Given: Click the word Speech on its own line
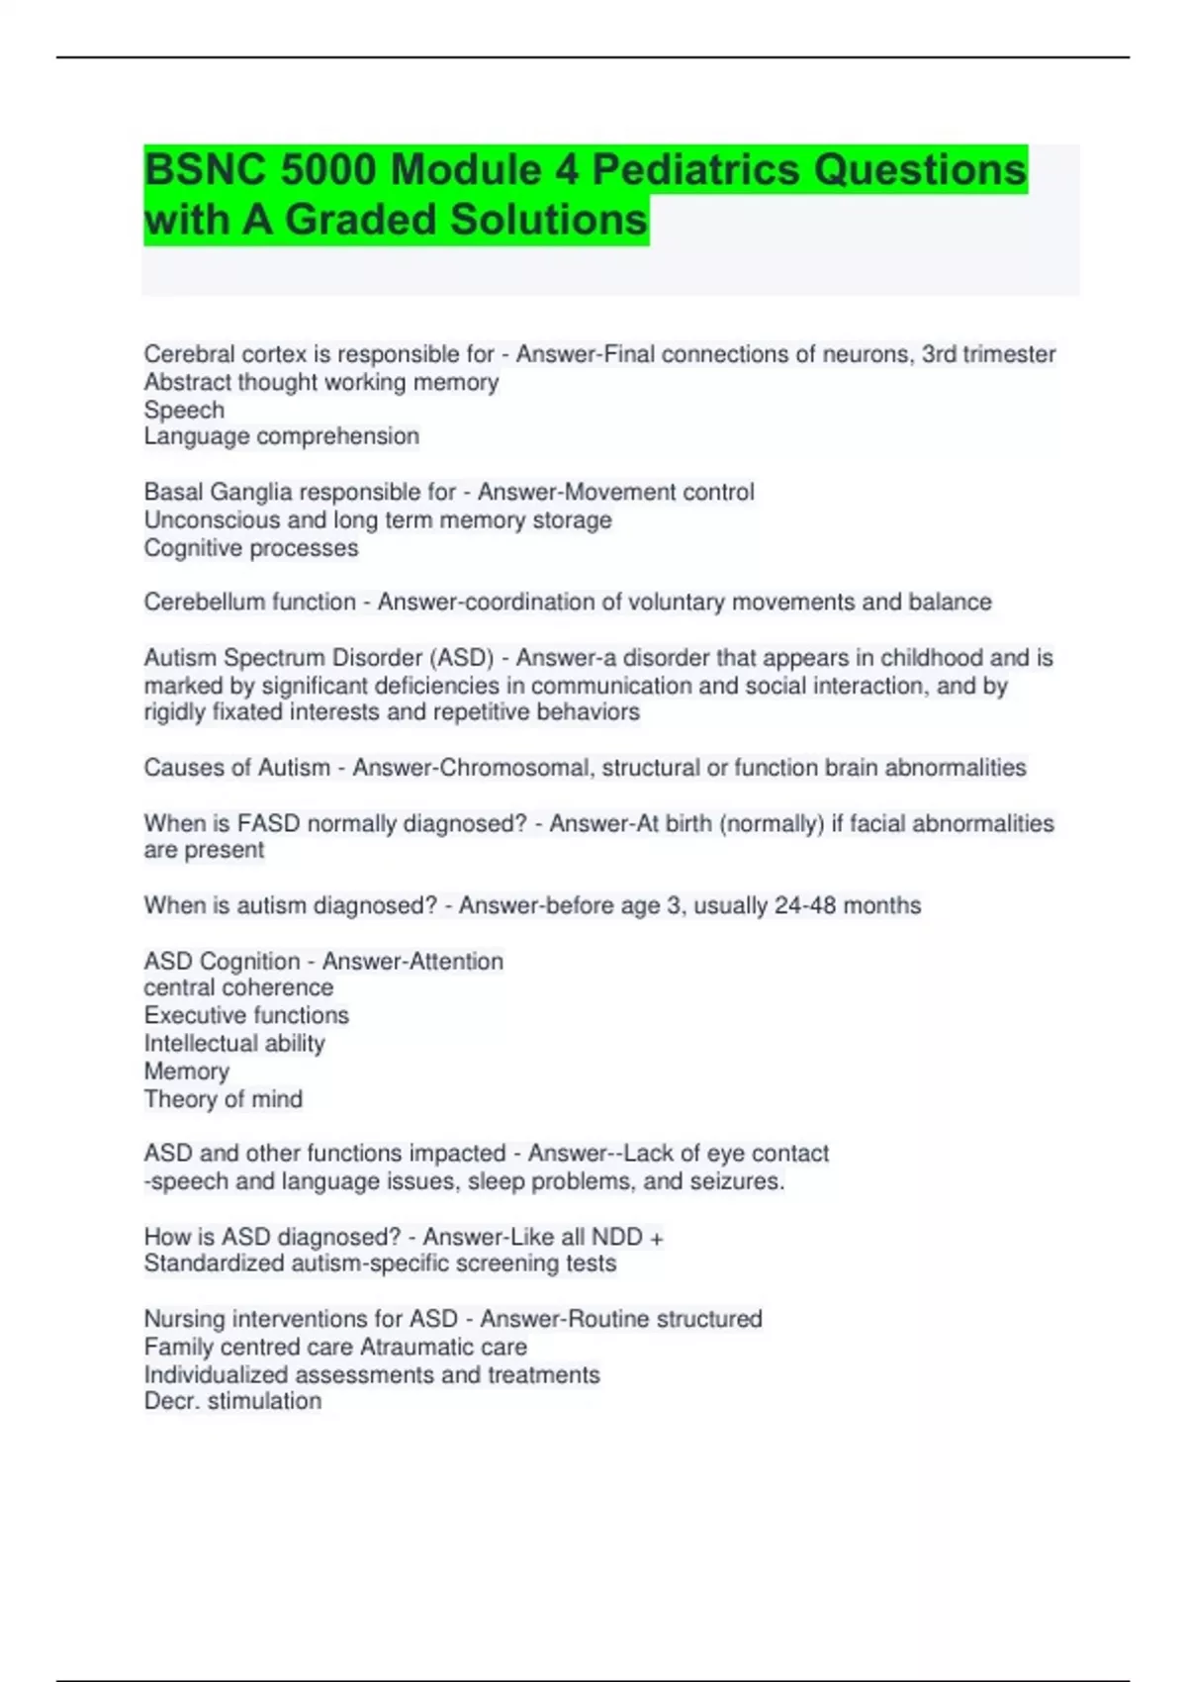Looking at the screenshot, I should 184,410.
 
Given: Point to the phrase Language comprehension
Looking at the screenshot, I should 282,436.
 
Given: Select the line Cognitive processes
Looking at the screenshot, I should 251,548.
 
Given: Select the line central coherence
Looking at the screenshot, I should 238,987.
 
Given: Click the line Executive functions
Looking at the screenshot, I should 246,1015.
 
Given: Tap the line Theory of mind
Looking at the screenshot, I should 224,1099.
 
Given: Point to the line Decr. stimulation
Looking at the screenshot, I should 232,1401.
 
